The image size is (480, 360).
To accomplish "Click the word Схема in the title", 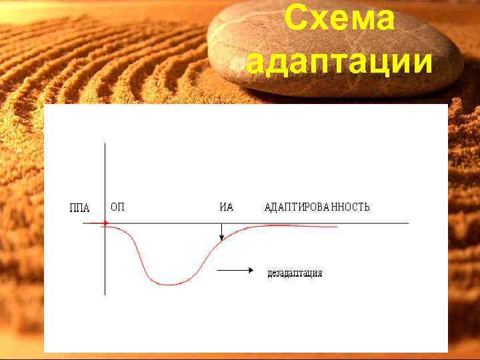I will tap(339, 20).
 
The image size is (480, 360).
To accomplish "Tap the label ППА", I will tap(79, 207).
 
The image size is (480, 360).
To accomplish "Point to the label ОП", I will tap(117, 207).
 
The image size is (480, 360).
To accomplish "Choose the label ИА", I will tap(227, 207).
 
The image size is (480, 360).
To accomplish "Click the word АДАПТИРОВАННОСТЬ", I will tap(317, 207).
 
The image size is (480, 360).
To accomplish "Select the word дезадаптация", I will tap(295, 273).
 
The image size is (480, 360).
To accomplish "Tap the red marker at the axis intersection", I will tap(105, 223).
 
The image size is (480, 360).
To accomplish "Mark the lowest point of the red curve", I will tap(171, 285).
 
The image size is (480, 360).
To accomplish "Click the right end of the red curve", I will tap(337, 227).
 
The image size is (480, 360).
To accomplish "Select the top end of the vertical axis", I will tap(105, 143).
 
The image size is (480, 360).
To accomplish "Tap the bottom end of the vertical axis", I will tap(105, 295).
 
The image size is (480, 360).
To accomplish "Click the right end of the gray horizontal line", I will tap(408, 223).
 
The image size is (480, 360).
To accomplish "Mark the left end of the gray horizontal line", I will tap(83, 223).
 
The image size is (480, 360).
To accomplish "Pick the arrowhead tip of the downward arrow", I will tap(221, 240).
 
